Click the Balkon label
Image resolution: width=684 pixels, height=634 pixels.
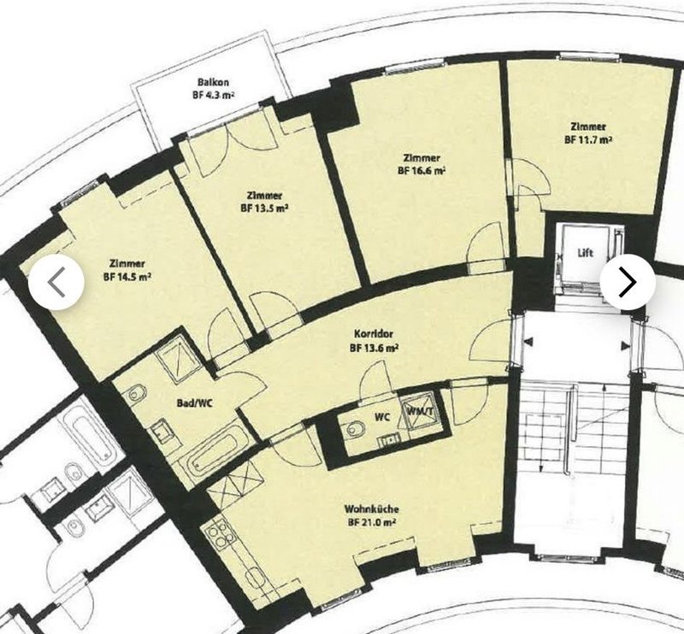[x=213, y=82]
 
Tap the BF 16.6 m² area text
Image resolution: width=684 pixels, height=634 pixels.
[x=422, y=171]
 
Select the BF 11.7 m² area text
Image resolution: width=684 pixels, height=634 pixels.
[x=588, y=140]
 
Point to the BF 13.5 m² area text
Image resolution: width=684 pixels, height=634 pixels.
[x=264, y=208]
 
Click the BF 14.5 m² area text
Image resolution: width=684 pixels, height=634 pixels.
[x=127, y=277]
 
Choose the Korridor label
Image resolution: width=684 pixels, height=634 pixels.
[x=374, y=334]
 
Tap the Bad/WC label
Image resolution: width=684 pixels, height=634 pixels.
[x=195, y=403]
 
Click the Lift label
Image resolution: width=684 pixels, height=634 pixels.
[x=586, y=253]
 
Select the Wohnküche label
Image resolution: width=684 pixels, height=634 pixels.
[x=372, y=509]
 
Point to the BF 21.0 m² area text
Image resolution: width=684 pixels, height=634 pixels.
[x=372, y=523]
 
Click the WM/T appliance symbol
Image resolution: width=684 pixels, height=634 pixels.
[x=420, y=411]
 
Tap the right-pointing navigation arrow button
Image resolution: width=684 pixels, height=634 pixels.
[x=628, y=282]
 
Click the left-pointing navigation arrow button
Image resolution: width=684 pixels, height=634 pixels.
[x=56, y=282]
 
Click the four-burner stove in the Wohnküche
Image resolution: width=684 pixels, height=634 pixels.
[x=219, y=533]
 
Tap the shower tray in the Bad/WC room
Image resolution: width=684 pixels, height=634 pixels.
[x=179, y=356]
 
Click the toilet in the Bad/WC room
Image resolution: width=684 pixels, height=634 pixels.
[x=137, y=394]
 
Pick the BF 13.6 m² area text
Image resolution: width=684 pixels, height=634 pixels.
[x=374, y=348]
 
